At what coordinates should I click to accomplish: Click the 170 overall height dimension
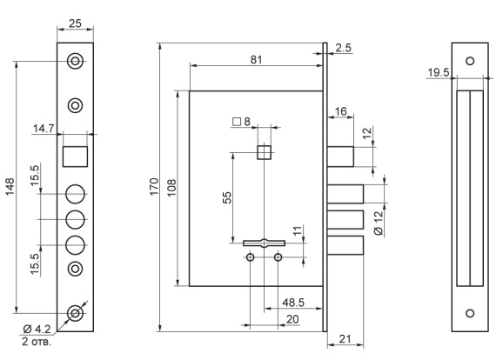(x=154, y=187)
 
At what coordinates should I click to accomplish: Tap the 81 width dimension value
(x=257, y=60)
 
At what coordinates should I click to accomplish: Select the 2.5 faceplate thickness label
(x=344, y=48)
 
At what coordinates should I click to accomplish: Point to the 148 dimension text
(x=10, y=187)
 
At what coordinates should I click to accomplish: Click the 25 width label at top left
(x=75, y=23)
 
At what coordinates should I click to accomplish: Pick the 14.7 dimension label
(x=44, y=129)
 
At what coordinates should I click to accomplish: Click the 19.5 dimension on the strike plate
(x=439, y=72)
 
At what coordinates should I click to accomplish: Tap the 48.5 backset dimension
(x=293, y=303)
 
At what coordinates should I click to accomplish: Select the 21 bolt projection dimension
(x=345, y=339)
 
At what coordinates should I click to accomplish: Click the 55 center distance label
(x=227, y=197)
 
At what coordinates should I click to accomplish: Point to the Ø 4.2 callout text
(x=37, y=329)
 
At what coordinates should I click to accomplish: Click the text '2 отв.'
(x=37, y=342)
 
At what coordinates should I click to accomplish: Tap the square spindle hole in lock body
(x=265, y=152)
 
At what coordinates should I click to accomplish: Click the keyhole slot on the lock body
(x=264, y=243)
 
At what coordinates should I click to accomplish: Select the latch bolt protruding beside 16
(x=340, y=157)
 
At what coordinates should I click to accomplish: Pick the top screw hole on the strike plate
(x=470, y=61)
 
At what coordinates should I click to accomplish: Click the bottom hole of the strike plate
(x=470, y=313)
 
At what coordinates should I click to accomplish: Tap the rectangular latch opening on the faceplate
(x=75, y=157)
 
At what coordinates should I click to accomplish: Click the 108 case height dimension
(x=171, y=188)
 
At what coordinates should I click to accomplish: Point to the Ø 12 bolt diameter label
(x=379, y=223)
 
